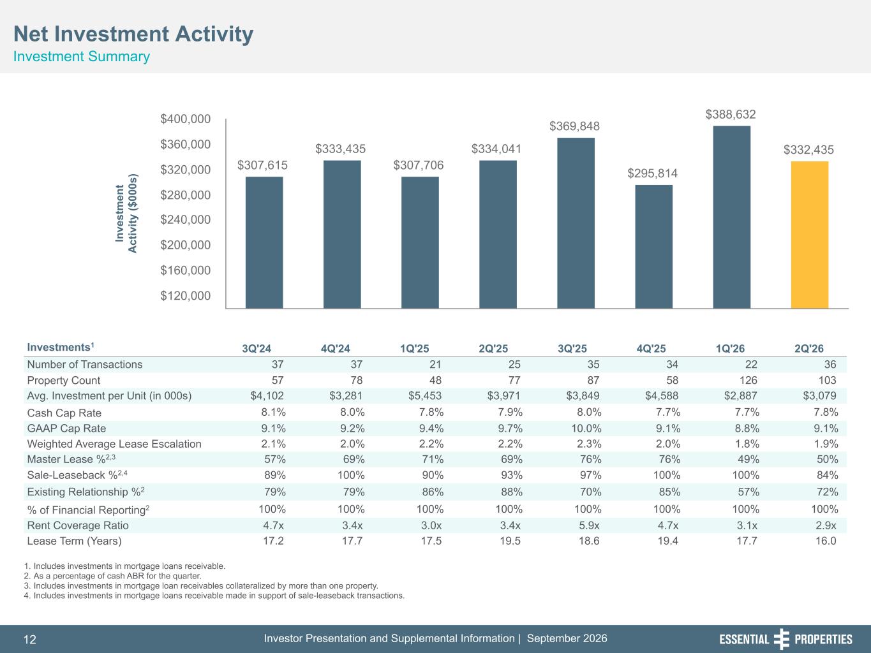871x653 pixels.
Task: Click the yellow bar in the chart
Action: pos(810,235)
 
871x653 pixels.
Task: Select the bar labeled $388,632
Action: pos(732,217)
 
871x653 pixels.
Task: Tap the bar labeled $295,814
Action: pos(653,247)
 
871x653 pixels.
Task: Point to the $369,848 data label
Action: pos(574,126)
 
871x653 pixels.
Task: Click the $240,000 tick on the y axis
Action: pos(185,219)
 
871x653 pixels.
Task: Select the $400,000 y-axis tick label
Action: pos(185,119)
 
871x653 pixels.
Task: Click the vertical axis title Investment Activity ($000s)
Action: pos(126,213)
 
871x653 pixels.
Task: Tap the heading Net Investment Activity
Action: pos(133,34)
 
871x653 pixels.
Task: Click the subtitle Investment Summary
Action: pos(81,57)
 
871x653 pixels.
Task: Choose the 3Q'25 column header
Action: pos(572,349)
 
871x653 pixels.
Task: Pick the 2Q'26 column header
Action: pos(808,349)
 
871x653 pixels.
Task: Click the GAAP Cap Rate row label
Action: pos(66,428)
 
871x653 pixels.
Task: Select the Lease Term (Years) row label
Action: pos(74,541)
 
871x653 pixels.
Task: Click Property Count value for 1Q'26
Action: pos(748,380)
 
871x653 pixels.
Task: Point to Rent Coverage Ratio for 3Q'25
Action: pos(589,525)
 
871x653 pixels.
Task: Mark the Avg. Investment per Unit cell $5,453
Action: pos(424,395)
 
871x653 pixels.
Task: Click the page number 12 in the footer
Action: pos(30,640)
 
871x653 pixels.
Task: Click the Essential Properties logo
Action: pos(785,639)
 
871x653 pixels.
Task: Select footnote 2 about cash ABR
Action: pos(113,576)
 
